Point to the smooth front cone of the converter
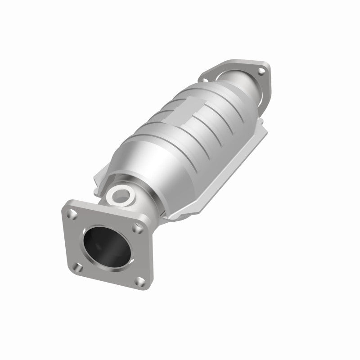[x=148, y=162]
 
